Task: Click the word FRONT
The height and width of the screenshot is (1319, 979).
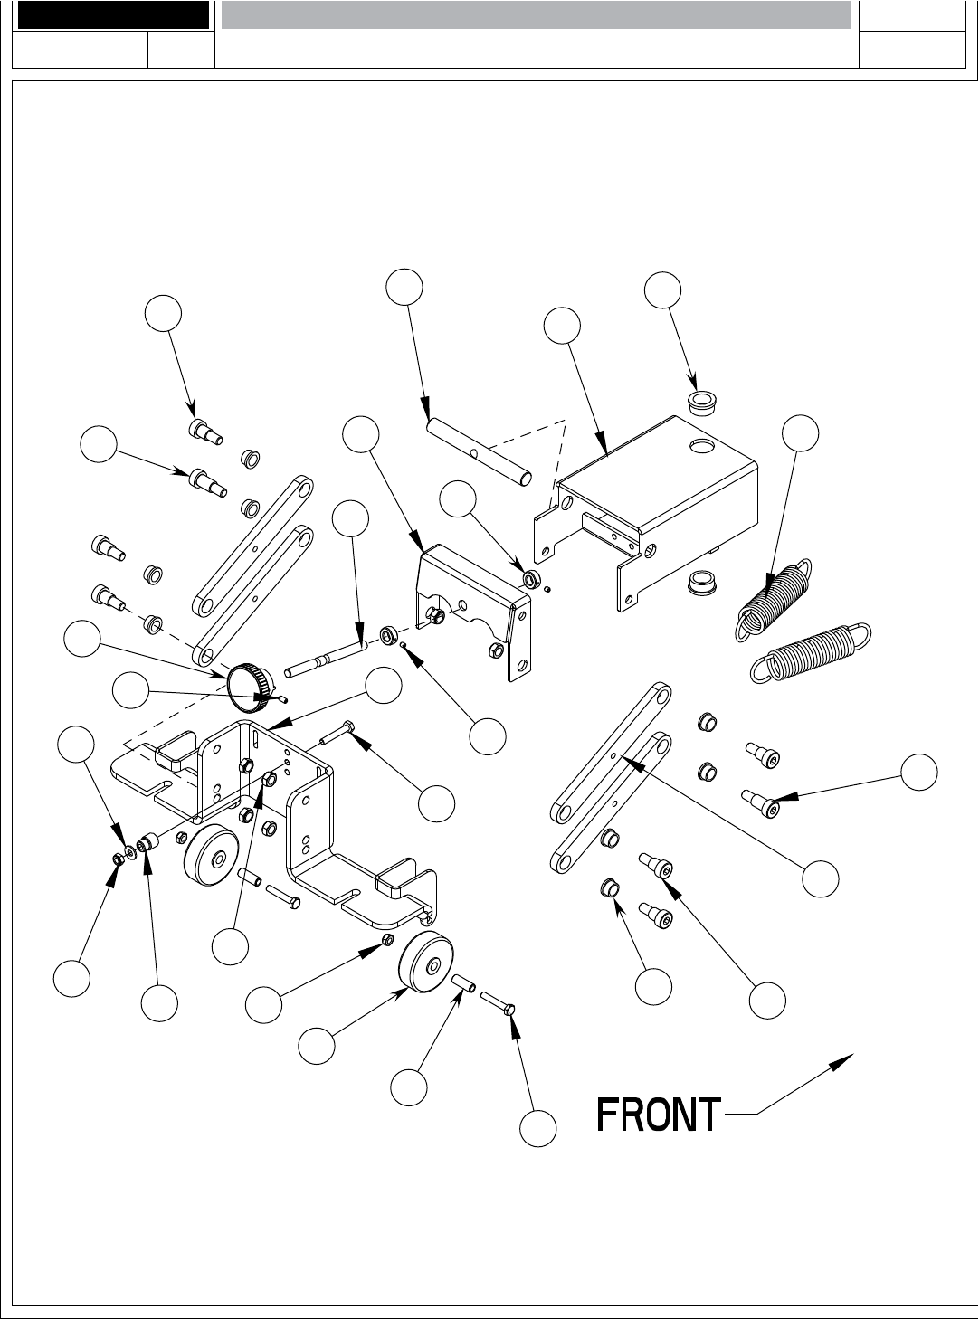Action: [659, 1115]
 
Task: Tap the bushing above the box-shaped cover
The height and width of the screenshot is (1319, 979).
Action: [701, 402]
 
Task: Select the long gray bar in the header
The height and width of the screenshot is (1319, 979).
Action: [536, 14]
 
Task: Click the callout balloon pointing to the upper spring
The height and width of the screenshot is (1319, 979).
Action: [800, 432]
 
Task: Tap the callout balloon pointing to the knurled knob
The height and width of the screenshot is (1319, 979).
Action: [82, 638]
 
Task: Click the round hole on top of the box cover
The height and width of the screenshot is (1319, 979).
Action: [700, 446]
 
